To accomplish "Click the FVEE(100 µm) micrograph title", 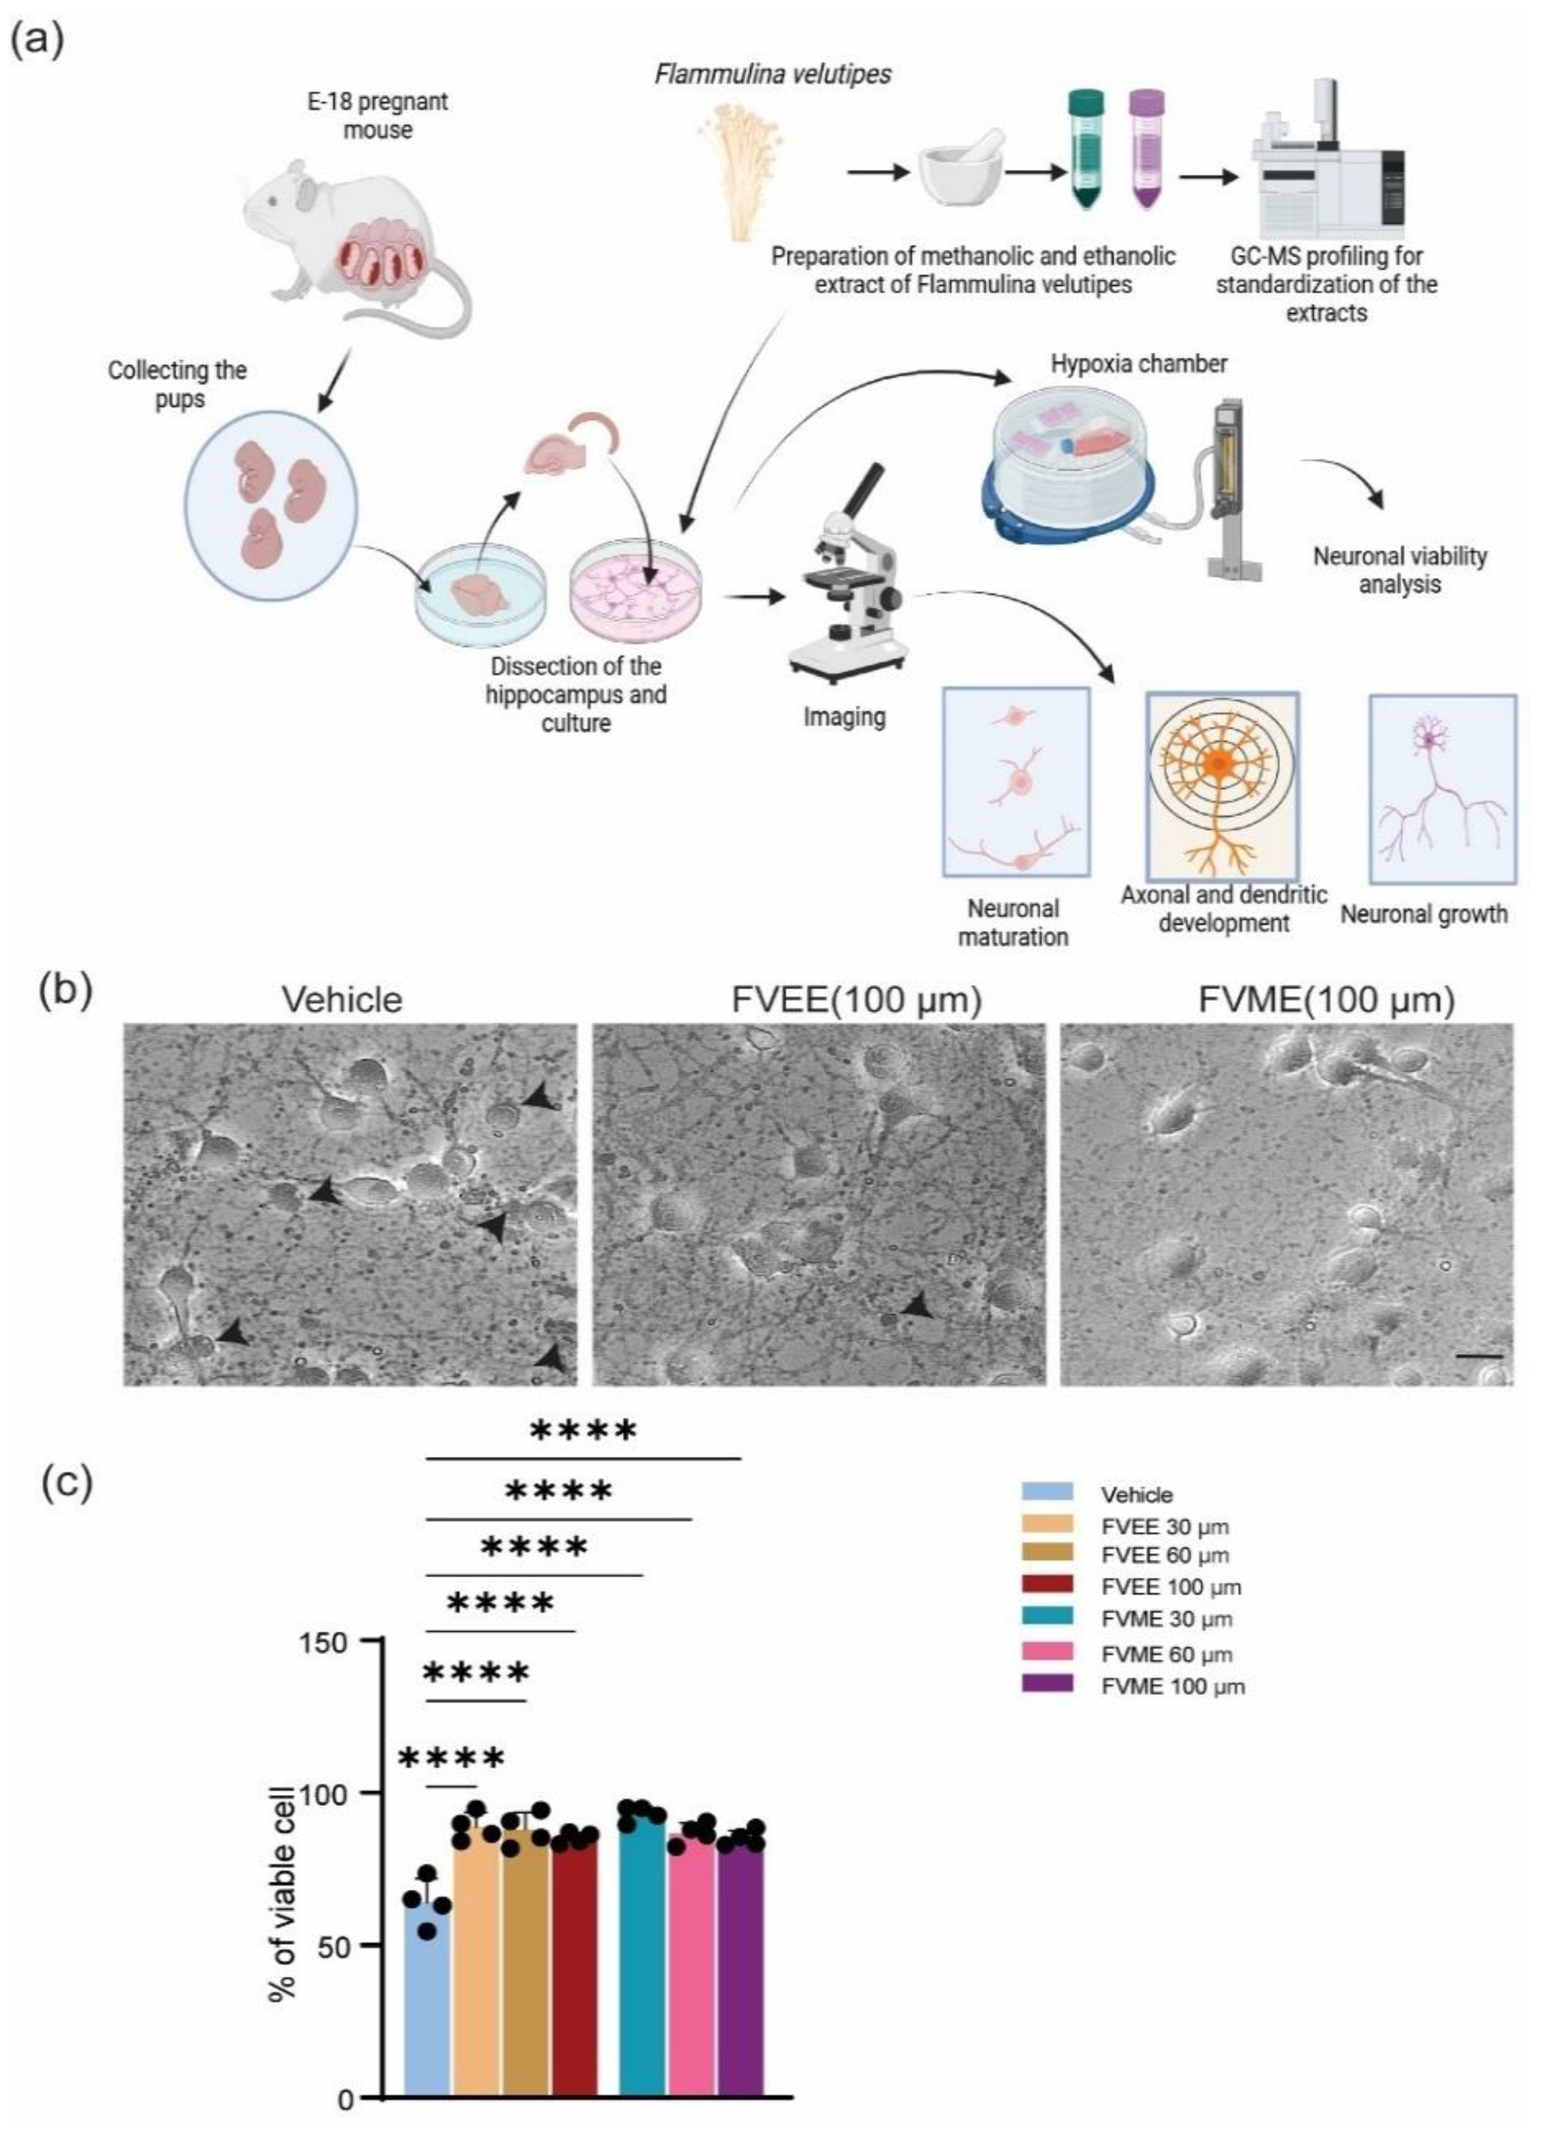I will tap(856, 1000).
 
